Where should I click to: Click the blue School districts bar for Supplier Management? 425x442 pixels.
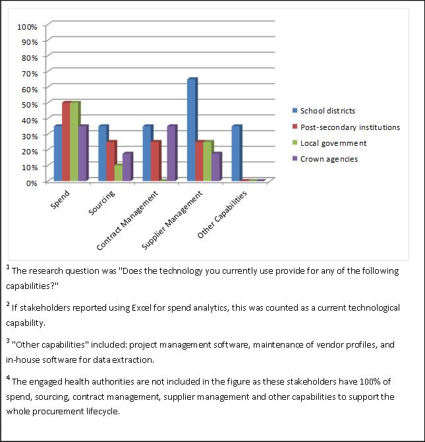[192, 129]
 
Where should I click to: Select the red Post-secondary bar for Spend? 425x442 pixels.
[67, 141]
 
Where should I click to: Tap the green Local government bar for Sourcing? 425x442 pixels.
[119, 172]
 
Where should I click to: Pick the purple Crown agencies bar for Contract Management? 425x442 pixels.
[172, 153]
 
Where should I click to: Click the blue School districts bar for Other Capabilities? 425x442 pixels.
[237, 153]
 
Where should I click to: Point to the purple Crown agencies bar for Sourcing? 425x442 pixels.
[128, 167]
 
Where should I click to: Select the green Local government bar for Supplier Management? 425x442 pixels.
[208, 161]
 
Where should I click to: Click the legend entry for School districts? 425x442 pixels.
[324, 111]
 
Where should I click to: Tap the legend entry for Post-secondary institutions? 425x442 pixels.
[346, 127]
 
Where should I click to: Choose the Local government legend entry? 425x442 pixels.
[329, 143]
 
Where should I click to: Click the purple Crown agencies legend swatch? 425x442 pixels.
[295, 159]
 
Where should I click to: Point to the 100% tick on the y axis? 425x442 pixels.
[27, 27]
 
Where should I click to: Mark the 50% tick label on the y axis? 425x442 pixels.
[29, 105]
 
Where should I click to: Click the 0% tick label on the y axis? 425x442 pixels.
[32, 183]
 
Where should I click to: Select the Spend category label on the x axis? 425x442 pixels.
[60, 199]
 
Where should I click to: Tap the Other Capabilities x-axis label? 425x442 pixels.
[222, 214]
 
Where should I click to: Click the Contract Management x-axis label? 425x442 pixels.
[127, 221]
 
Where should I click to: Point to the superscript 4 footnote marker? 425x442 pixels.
[8, 378]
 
